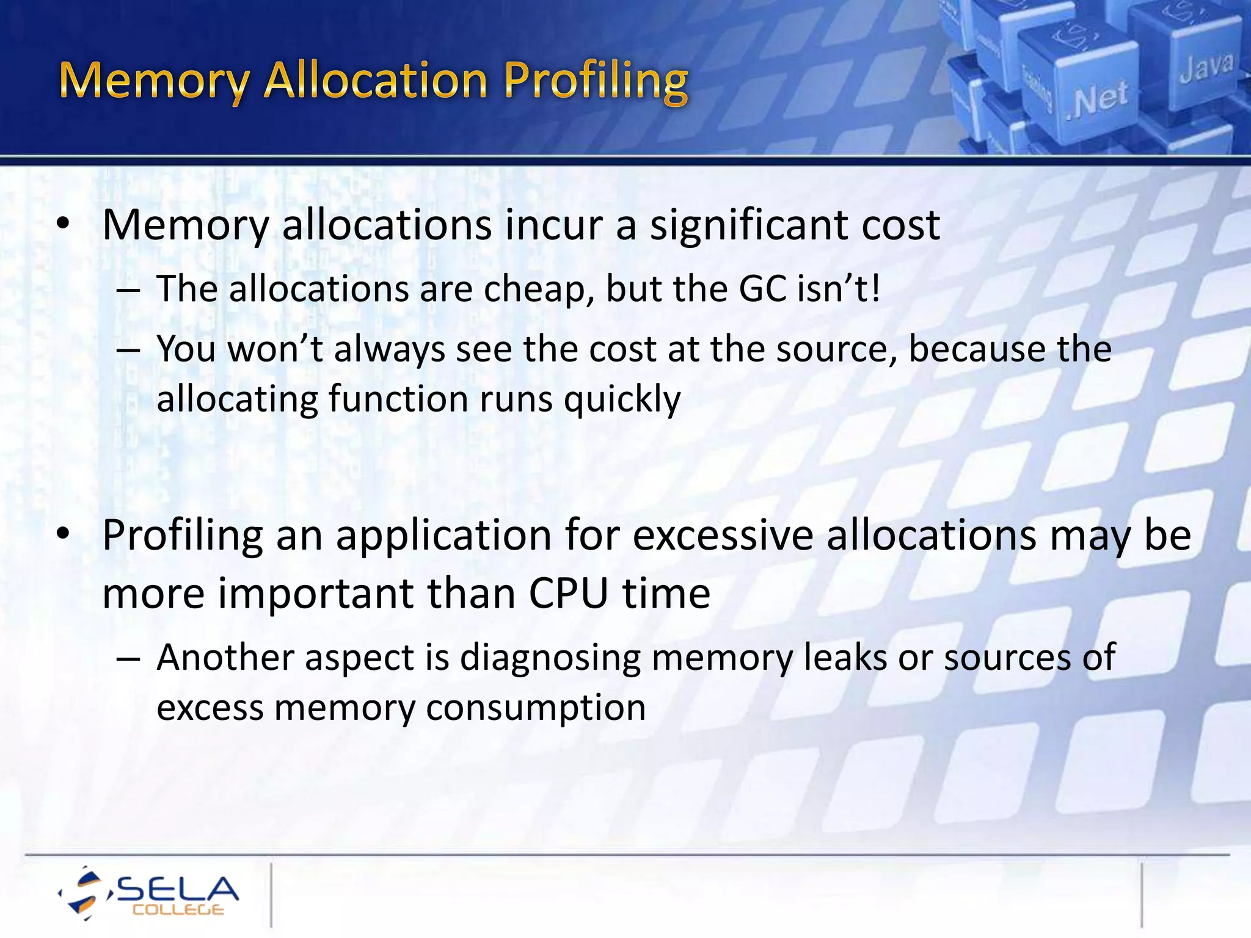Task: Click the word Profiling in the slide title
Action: [x=596, y=81]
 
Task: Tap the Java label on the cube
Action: [x=1206, y=67]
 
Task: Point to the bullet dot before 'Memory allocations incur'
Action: [x=63, y=225]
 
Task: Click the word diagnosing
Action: [x=550, y=658]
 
